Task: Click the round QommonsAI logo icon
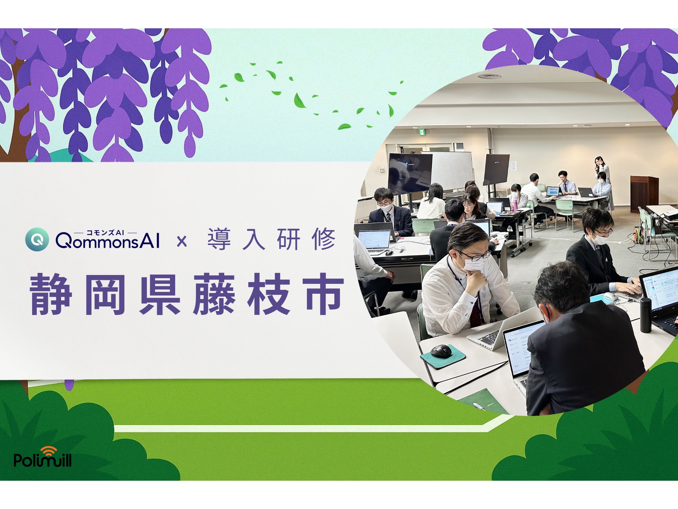[x=37, y=239]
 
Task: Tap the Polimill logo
[x=42, y=457]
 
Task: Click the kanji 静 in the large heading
[x=52, y=294]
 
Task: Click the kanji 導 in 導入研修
[x=219, y=239]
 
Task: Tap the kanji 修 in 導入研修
[x=323, y=239]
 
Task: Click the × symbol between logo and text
[x=182, y=241]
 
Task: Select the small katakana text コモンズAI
[x=105, y=233]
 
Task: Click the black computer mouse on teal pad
[x=441, y=351]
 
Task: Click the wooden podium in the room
[x=644, y=194]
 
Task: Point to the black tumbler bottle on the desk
[x=646, y=315]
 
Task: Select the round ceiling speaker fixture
[x=489, y=76]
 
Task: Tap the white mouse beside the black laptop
[x=610, y=296]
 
